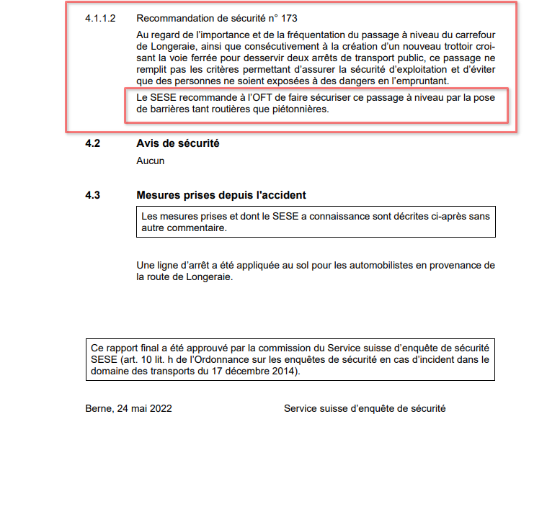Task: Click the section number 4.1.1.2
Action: coord(100,18)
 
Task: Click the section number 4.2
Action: coord(92,143)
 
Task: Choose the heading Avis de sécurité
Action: coord(178,143)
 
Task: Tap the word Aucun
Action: coord(150,161)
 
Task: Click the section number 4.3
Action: coord(92,195)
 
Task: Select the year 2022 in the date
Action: coord(161,408)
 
